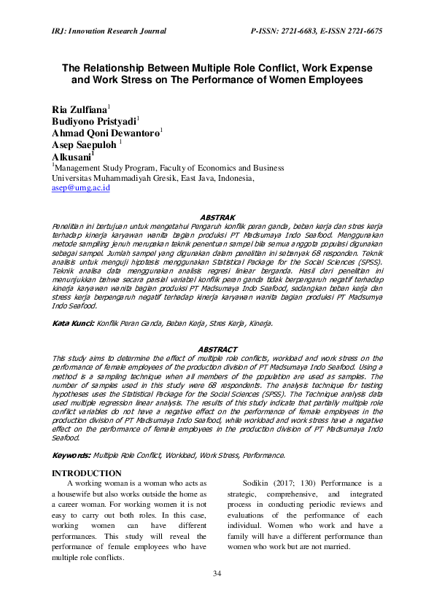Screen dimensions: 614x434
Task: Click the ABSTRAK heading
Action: [217, 217]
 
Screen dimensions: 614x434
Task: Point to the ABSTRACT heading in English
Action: [217, 349]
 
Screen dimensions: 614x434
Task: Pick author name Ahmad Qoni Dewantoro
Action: [105, 134]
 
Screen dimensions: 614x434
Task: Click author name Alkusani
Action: [71, 157]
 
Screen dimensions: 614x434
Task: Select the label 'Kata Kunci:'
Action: [73, 322]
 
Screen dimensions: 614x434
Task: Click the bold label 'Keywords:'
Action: [71, 455]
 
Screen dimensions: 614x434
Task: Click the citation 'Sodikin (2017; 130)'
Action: [277, 483]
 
